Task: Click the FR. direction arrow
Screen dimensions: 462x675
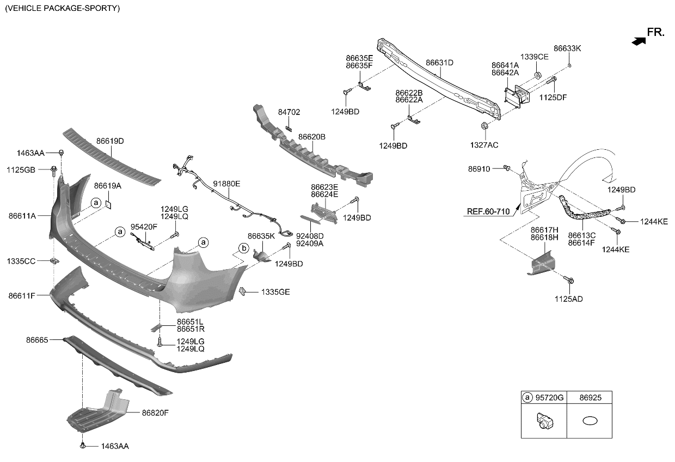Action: click(x=639, y=40)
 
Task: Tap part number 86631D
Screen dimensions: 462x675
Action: click(x=439, y=63)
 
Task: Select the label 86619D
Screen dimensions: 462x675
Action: click(x=110, y=141)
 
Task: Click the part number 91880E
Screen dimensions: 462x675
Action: click(x=226, y=184)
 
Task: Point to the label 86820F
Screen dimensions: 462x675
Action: click(x=155, y=413)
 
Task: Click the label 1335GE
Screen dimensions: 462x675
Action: click(x=275, y=292)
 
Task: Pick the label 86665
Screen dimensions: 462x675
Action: click(x=37, y=340)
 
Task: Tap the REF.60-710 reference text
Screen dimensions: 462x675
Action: click(x=488, y=211)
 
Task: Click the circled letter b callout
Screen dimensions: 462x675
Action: click(x=244, y=248)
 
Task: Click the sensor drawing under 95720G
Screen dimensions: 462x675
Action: click(x=544, y=421)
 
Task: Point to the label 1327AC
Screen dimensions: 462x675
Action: click(x=484, y=145)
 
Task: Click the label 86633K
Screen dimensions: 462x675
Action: click(x=567, y=48)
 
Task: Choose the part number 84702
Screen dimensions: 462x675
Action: click(x=289, y=112)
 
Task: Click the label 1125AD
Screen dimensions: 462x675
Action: click(x=568, y=299)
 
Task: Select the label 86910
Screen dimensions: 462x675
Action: click(x=480, y=169)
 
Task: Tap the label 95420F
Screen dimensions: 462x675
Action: click(x=144, y=227)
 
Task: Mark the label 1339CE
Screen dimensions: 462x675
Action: click(x=534, y=57)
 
